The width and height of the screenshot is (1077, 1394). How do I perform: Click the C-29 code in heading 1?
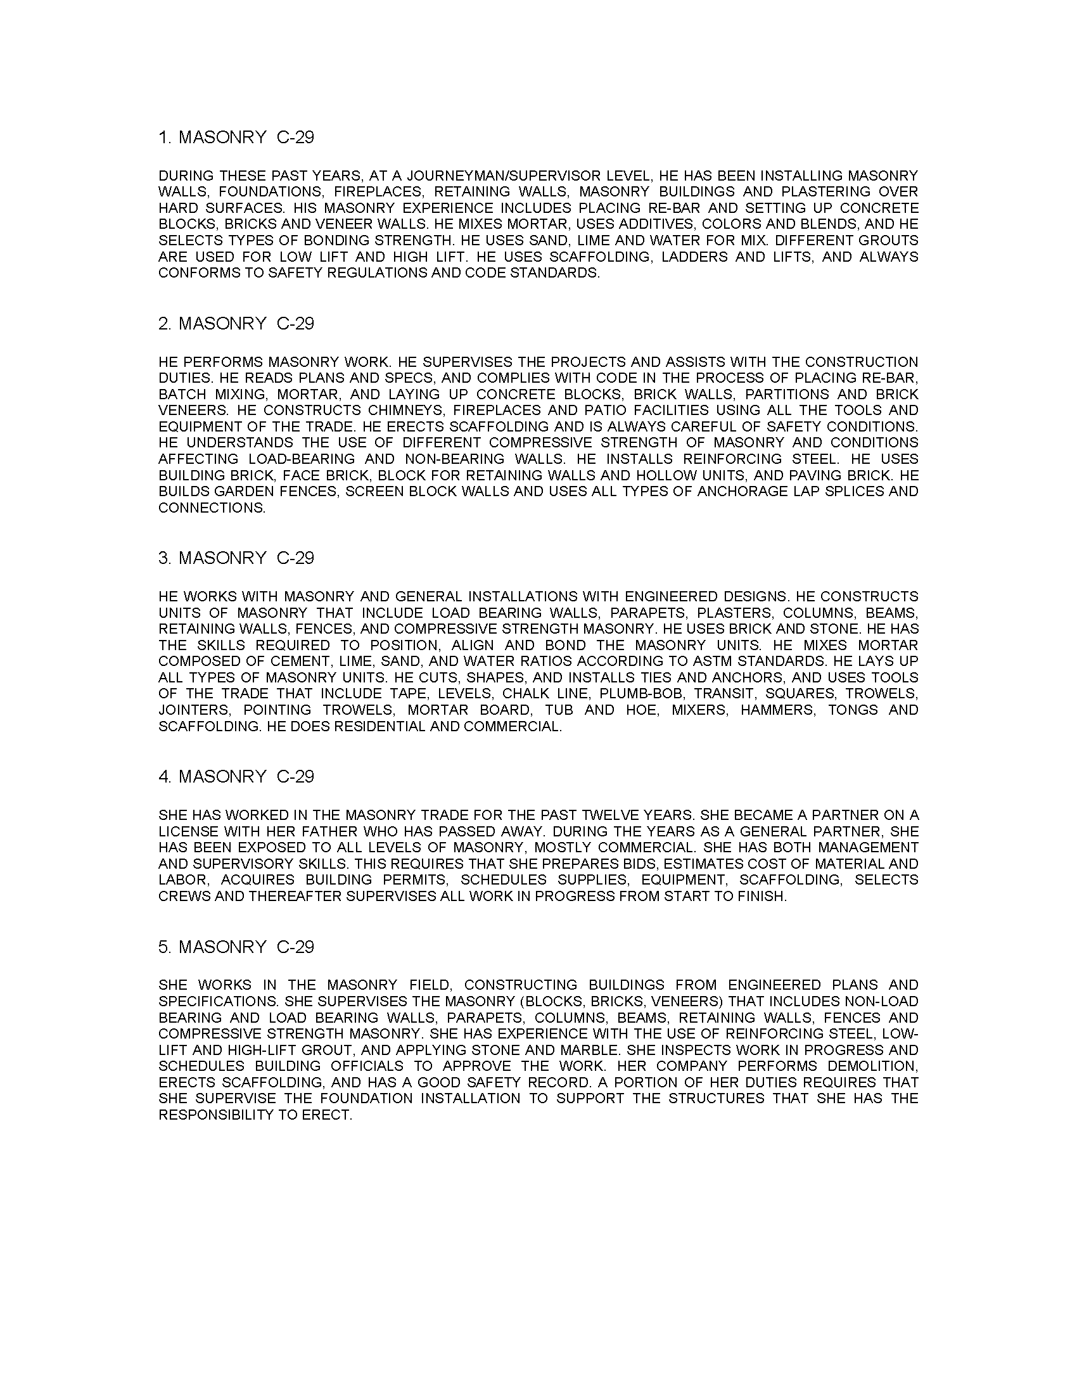[x=295, y=137]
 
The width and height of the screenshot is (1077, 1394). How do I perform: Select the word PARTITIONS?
[x=787, y=395]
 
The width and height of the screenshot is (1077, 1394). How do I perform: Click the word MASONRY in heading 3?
[x=222, y=558]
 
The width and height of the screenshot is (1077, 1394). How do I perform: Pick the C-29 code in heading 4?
[x=295, y=776]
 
